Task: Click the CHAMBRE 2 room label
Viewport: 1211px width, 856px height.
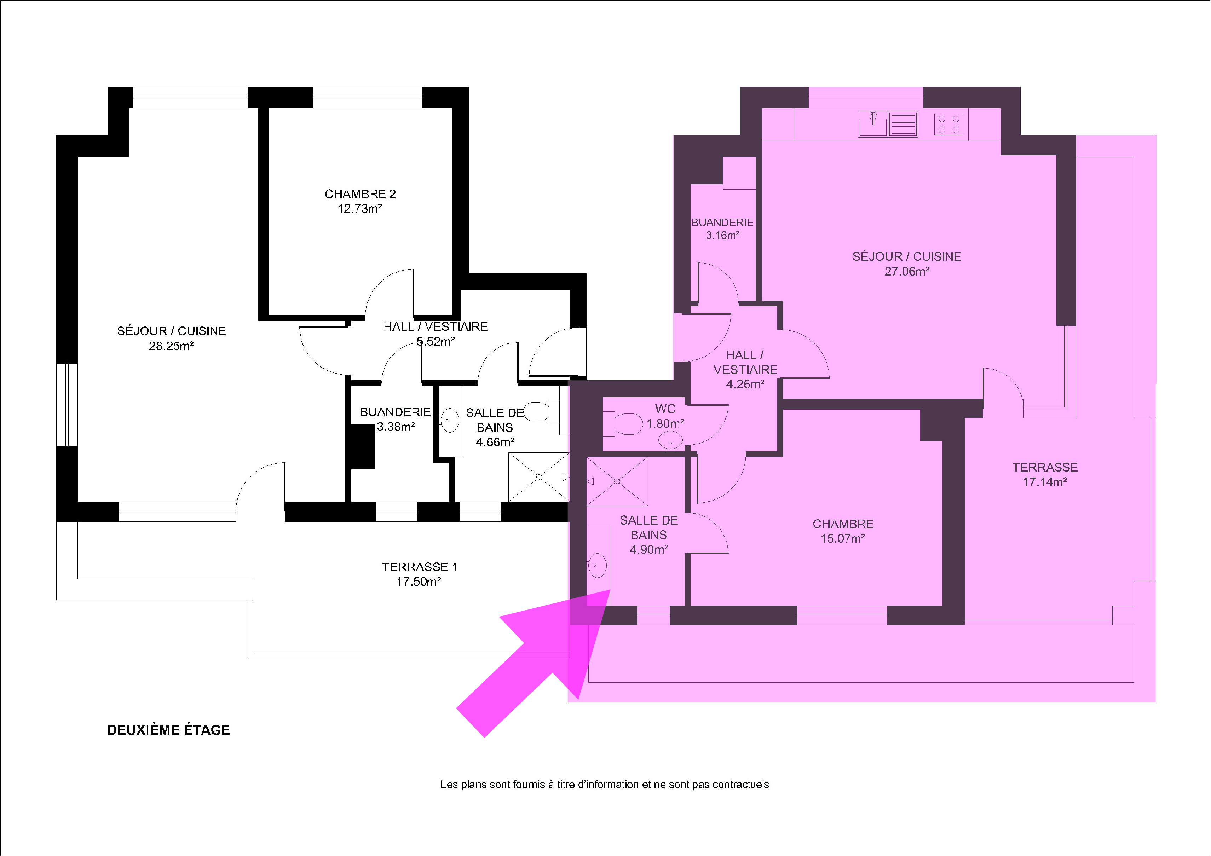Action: point(360,194)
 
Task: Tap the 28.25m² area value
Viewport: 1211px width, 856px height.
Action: point(172,346)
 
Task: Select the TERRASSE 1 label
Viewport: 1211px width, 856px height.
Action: point(419,567)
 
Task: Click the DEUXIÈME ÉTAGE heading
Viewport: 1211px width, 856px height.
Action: point(168,730)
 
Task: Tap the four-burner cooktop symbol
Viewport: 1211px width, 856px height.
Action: point(948,125)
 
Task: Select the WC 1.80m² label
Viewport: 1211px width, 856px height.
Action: point(665,416)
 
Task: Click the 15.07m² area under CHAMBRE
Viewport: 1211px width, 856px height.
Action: point(842,538)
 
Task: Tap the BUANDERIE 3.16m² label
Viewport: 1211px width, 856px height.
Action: point(722,229)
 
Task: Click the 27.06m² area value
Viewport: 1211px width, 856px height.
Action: point(907,272)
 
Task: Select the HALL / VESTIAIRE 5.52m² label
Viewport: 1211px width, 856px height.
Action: point(436,334)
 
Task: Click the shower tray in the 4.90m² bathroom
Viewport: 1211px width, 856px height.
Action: point(617,481)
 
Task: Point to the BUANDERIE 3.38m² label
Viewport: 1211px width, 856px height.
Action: point(395,419)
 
